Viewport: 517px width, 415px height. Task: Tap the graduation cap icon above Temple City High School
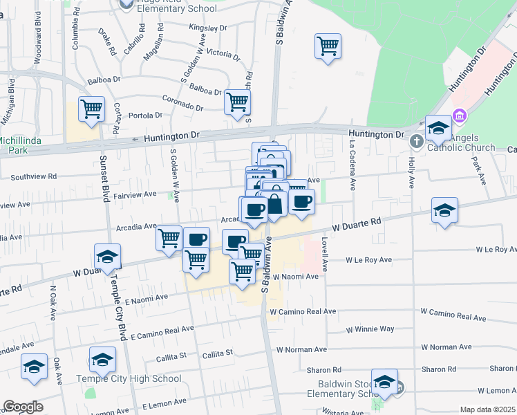coord(102,359)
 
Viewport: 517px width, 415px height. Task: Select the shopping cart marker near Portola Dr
coord(91,109)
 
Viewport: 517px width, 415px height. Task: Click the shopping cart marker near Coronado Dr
coord(237,101)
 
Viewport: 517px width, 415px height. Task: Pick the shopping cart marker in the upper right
coord(328,46)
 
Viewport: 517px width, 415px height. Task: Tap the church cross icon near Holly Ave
coord(416,142)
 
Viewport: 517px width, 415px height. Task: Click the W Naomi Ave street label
coord(295,277)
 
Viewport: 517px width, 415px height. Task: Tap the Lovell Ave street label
coord(324,255)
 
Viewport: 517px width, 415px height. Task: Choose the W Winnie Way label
coord(370,329)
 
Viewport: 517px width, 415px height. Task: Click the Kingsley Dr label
coord(208,28)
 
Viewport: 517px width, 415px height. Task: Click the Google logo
coord(23,407)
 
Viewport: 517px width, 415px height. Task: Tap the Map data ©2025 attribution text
coord(487,409)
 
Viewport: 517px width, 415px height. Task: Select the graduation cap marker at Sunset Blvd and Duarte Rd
coord(107,257)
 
